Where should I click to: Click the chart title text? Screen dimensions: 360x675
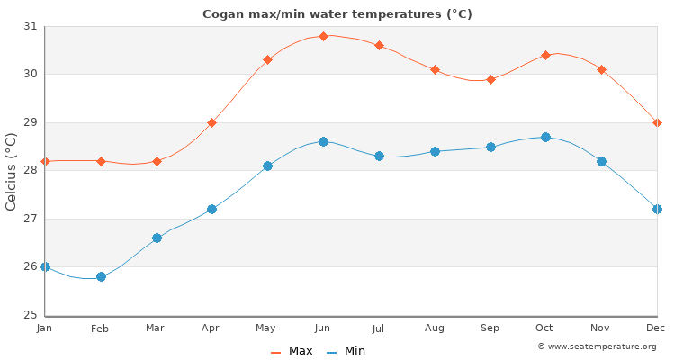tap(337, 14)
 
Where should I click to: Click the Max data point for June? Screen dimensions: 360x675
tap(323, 36)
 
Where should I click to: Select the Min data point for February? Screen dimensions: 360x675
tap(101, 276)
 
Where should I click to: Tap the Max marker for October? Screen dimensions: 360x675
tap(545, 55)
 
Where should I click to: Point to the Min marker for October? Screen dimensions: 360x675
tap(545, 137)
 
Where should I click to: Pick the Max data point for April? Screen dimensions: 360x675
tap(211, 122)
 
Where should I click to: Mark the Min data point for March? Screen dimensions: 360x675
tap(157, 238)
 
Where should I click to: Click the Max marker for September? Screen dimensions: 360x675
tap(490, 79)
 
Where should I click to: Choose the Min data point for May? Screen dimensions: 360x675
tap(267, 166)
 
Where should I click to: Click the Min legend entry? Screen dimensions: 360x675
tap(346, 351)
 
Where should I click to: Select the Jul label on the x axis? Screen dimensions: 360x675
tap(379, 328)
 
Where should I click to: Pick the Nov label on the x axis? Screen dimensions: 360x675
tap(601, 328)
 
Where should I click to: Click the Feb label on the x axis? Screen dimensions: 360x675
tap(100, 328)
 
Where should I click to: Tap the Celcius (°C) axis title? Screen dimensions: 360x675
tap(12, 171)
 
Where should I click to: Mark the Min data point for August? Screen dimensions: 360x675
tap(435, 151)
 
